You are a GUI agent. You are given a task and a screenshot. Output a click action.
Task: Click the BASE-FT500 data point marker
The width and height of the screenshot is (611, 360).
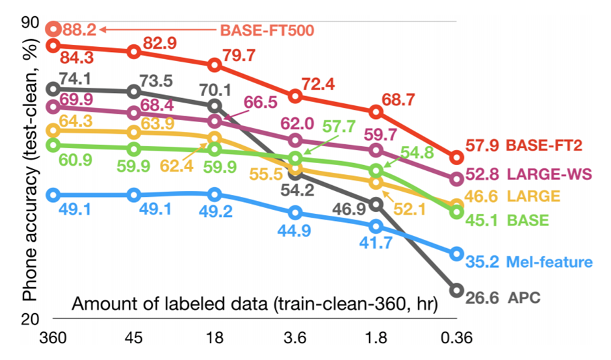[54, 29]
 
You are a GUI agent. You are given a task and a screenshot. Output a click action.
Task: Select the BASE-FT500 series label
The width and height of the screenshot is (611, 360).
[267, 30]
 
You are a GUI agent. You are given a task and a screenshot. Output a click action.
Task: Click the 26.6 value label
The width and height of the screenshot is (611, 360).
[482, 298]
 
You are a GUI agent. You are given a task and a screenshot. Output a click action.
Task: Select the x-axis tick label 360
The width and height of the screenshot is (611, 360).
[54, 339]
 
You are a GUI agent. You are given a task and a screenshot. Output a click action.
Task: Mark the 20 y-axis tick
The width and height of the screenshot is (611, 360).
[31, 319]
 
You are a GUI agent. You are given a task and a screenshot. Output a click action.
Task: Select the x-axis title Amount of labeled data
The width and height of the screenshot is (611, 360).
[253, 303]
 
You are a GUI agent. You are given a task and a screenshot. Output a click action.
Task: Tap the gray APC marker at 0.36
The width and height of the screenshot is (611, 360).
[456, 290]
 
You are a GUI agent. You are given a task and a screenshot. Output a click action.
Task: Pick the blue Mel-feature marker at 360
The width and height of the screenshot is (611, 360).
[54, 195]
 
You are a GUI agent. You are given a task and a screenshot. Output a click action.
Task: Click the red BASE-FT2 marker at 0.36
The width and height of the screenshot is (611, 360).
[456, 158]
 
